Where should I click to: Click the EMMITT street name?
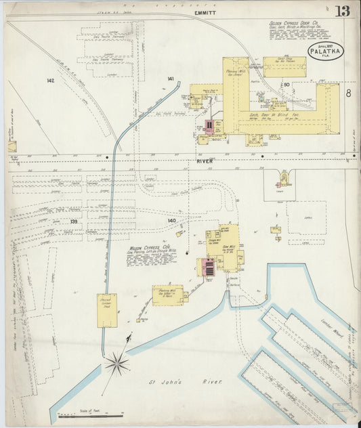pos(204,12)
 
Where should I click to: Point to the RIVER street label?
pos(205,160)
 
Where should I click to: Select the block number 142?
pos(50,81)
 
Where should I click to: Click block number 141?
pos(170,79)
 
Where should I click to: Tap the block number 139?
pos(74,221)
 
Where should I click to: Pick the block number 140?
pos(171,221)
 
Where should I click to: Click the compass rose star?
pos(116,364)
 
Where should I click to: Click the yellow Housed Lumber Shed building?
pos(106,310)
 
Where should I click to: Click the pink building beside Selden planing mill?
pos(210,126)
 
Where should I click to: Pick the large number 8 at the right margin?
pos(347,91)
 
